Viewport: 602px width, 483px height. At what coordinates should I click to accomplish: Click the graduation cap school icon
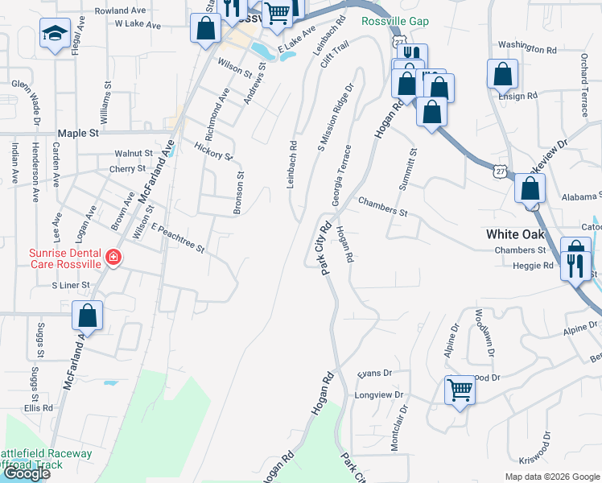(54, 34)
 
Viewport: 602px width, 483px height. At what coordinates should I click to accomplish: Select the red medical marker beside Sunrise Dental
(114, 258)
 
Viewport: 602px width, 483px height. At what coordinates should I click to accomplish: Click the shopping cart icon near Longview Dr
(460, 390)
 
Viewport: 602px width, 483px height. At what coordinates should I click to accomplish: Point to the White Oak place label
(515, 234)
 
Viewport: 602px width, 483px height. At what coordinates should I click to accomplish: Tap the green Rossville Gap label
(394, 21)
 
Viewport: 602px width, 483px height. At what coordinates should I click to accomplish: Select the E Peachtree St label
(178, 240)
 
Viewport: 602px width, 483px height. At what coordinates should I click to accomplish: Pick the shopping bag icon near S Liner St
(88, 316)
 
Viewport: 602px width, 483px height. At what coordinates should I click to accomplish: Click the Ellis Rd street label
(38, 408)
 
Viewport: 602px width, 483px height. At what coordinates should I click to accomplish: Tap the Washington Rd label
(527, 47)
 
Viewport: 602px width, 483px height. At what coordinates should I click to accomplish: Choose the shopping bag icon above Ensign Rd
(502, 74)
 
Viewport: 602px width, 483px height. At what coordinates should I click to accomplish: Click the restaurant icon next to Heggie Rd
(575, 265)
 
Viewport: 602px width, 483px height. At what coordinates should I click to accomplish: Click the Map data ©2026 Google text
(551, 477)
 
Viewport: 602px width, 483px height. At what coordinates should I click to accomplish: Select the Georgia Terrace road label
(348, 172)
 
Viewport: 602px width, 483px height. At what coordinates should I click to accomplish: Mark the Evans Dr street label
(374, 374)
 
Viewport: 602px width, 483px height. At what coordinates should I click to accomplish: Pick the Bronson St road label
(238, 192)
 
